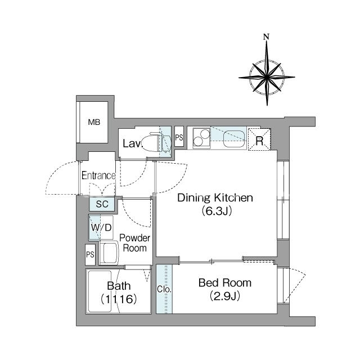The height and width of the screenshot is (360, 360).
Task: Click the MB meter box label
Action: tap(94, 122)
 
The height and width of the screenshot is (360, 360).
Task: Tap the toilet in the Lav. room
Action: tap(156, 142)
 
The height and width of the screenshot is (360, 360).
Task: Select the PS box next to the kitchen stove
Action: tap(179, 136)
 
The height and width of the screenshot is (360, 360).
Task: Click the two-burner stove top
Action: tap(201, 138)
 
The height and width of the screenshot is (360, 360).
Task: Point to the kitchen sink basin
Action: tap(234, 139)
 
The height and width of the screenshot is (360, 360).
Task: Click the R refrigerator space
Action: tap(259, 139)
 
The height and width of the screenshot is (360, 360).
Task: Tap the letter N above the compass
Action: tap(266, 37)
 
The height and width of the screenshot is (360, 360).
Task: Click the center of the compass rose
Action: tap(267, 77)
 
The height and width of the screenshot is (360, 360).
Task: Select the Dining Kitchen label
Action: tap(215, 197)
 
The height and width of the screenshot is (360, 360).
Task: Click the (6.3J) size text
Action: tap(217, 211)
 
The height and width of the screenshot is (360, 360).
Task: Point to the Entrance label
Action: tap(98, 175)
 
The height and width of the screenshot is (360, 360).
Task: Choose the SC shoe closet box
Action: tap(102, 204)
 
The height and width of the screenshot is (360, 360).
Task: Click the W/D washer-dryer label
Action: tap(101, 227)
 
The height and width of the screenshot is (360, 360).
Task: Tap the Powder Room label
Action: tap(135, 243)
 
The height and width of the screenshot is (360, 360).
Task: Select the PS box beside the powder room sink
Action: tap(90, 255)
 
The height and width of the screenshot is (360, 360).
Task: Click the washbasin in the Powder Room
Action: tap(109, 253)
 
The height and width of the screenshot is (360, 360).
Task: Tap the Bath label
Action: tap(119, 286)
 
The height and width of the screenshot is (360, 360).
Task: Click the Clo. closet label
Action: tap(164, 289)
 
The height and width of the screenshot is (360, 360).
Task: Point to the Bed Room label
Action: tap(225, 283)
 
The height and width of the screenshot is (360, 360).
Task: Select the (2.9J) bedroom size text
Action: tap(225, 296)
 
